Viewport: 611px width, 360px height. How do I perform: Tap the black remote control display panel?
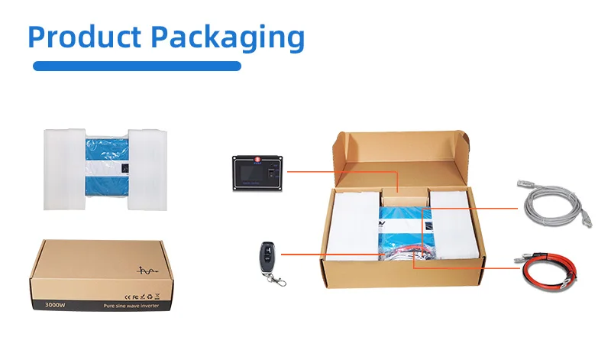(260, 174)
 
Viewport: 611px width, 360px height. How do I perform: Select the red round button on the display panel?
(258, 160)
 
